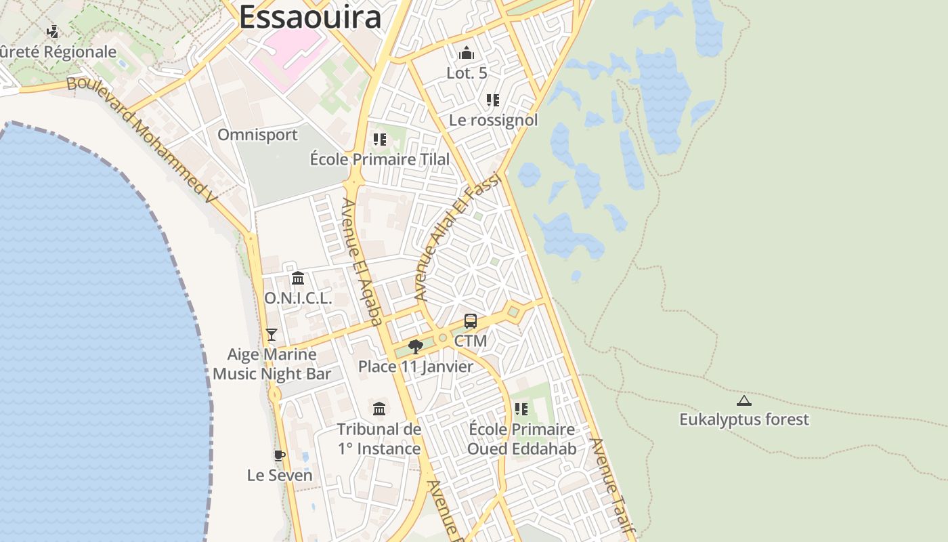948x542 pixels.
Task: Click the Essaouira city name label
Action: (309, 17)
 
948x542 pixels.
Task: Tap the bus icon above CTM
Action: (470, 321)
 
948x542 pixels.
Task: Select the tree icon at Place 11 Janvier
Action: (416, 347)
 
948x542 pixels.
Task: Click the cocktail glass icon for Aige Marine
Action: (272, 334)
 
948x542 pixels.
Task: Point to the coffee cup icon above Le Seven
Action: (279, 455)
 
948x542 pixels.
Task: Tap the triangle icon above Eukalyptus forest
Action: (744, 400)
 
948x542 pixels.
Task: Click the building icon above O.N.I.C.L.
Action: (297, 278)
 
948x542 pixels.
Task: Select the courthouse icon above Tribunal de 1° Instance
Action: (379, 409)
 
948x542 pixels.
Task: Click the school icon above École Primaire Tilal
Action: (379, 140)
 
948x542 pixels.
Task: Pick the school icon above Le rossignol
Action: (493, 100)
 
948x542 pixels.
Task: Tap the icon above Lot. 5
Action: (467, 53)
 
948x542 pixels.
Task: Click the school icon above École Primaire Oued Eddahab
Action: (521, 409)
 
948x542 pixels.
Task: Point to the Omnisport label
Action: (257, 135)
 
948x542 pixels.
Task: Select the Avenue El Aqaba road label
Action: (362, 262)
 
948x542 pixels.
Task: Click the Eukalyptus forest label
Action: (744, 419)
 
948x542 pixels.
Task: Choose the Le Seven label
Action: (280, 475)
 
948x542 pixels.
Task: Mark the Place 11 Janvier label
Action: (416, 367)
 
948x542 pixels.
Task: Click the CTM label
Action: (471, 341)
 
